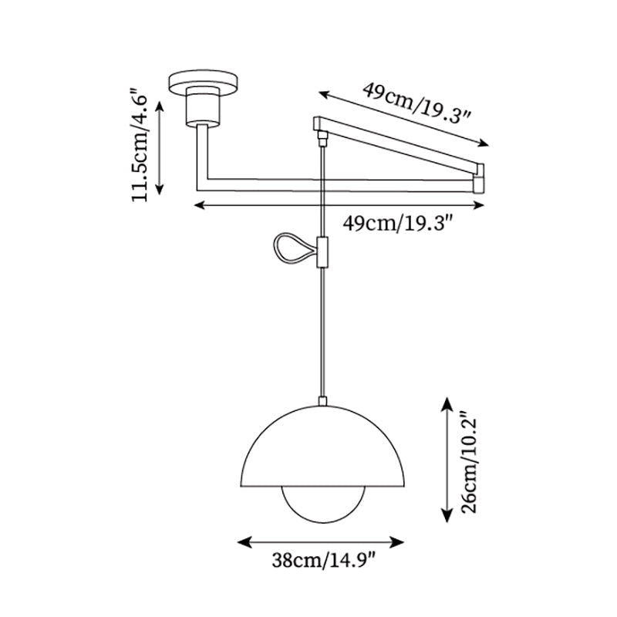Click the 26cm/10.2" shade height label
[x=470, y=463]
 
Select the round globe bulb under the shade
[x=322, y=505]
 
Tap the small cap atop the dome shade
[x=322, y=401]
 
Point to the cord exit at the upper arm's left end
[x=322, y=137]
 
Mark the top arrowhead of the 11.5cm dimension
[x=160, y=102]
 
